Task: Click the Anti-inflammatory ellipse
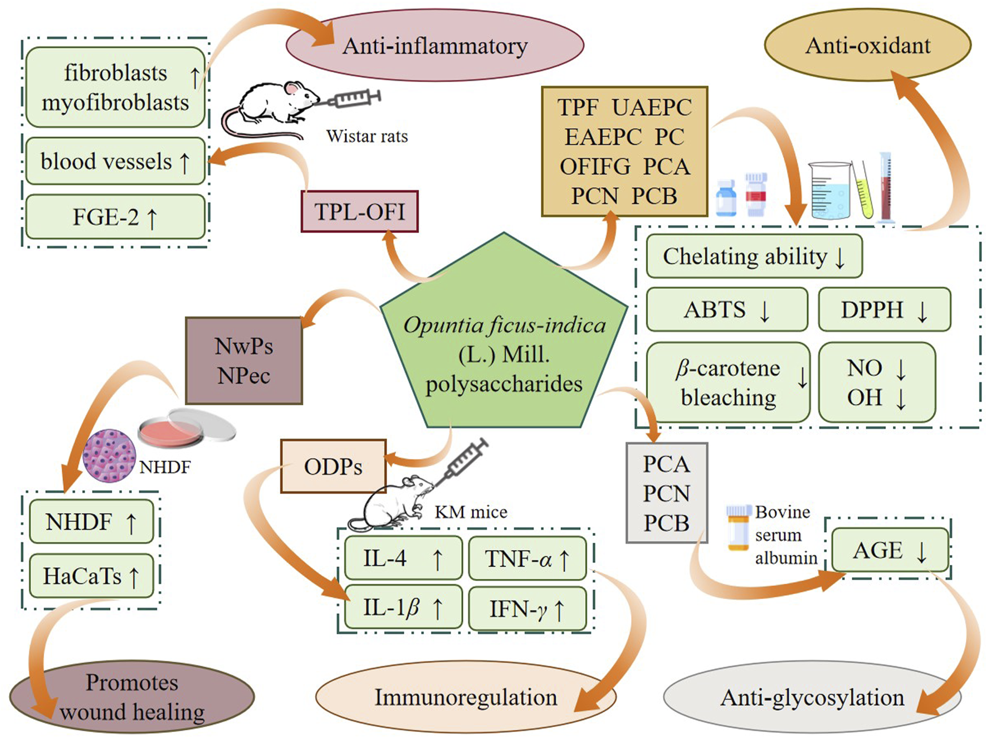[434, 46]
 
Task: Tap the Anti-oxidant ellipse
[867, 45]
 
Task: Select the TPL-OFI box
[359, 211]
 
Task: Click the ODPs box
[333, 467]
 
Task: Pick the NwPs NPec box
[244, 361]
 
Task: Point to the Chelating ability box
[754, 256]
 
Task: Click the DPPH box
[884, 309]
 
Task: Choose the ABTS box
[727, 309]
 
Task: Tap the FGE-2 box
[115, 217]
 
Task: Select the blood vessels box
[115, 161]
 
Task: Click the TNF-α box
[527, 559]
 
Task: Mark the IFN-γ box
[527, 609]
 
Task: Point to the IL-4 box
[403, 558]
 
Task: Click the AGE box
[890, 550]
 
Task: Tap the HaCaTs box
[91, 576]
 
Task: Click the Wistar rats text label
[367, 136]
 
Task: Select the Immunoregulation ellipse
[466, 697]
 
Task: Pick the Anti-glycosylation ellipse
[812, 697]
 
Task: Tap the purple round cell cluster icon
[109, 455]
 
